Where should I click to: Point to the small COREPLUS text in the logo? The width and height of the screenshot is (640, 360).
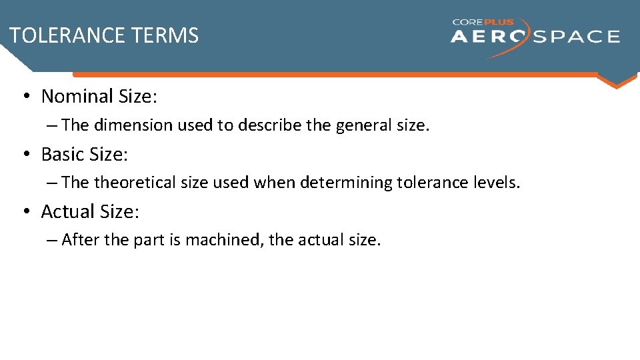[483, 22]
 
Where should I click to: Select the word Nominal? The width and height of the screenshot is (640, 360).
[77, 97]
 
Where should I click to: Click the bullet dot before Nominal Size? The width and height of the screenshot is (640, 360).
[25, 97]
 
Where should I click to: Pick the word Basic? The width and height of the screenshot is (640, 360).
[63, 155]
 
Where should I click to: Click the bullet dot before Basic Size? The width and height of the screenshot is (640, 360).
[25, 155]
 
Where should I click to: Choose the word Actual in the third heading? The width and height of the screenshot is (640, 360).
[65, 212]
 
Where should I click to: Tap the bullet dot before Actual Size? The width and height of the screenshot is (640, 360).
[25, 212]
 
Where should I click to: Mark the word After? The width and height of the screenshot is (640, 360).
[79, 240]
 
